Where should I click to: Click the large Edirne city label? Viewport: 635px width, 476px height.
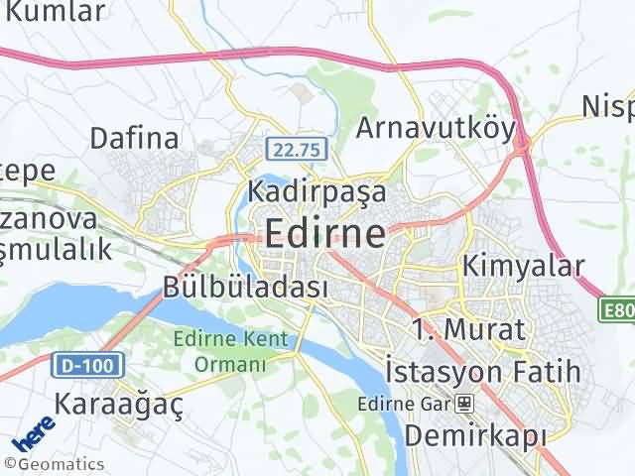[325, 234]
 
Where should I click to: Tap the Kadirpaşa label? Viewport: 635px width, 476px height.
[317, 190]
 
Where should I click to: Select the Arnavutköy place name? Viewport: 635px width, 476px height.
[436, 128]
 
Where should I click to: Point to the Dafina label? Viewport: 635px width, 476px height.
[134, 137]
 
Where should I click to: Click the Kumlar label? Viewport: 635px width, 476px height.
[55, 12]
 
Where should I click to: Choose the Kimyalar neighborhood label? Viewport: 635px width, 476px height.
[524, 266]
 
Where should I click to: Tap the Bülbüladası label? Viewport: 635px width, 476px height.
[245, 288]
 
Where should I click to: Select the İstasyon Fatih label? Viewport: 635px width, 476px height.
[482, 373]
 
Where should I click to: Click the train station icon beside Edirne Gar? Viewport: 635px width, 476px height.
[463, 404]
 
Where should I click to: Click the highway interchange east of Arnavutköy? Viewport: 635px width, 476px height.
[522, 147]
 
